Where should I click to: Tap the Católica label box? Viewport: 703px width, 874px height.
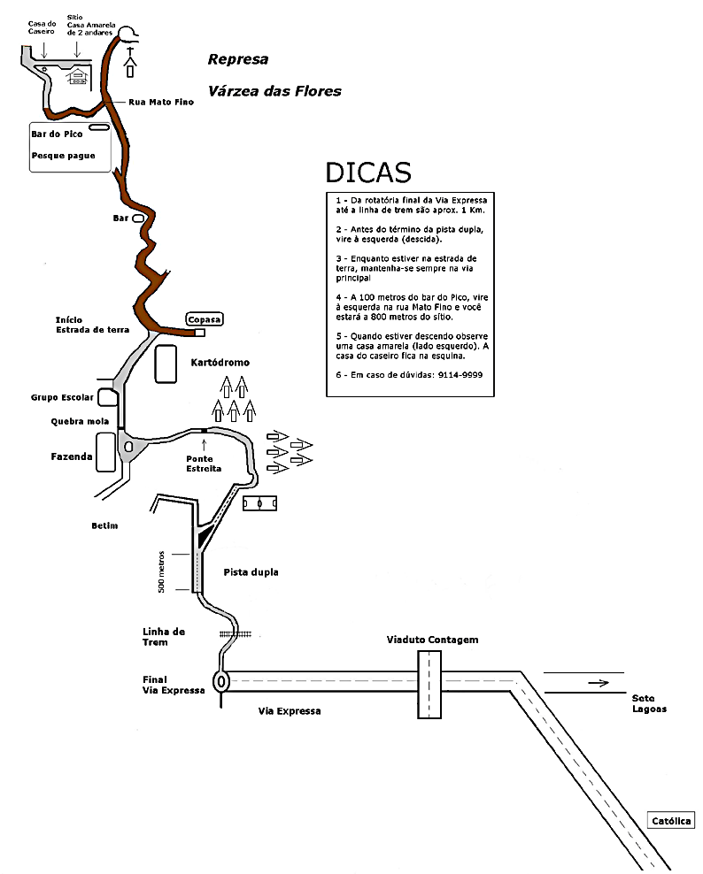click(671, 820)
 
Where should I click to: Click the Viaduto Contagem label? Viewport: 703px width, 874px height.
click(432, 639)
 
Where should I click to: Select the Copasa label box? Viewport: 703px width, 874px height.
click(204, 318)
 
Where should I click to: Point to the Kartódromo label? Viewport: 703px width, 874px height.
click(220, 363)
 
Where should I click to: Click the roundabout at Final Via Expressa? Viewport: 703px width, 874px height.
click(220, 681)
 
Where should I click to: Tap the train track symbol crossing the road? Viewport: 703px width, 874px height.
click(236, 634)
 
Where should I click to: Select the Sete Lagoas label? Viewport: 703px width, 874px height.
click(649, 702)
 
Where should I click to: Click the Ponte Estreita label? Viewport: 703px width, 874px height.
click(204, 463)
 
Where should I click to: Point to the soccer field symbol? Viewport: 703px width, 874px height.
click(261, 502)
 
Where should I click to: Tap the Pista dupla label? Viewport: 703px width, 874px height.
click(251, 572)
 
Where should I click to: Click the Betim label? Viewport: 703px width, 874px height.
click(104, 525)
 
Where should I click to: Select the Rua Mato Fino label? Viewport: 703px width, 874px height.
click(161, 102)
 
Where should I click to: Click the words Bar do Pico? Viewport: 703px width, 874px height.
click(57, 134)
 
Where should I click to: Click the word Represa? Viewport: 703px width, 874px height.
click(237, 60)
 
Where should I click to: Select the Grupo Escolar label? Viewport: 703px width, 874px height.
click(62, 397)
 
